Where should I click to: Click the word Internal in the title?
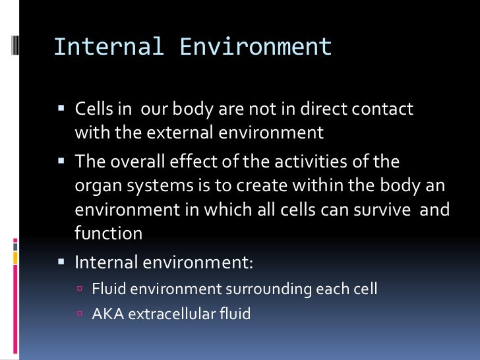click(x=99, y=47)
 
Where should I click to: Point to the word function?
click(x=108, y=233)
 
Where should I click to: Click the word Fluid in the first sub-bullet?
click(x=107, y=289)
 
